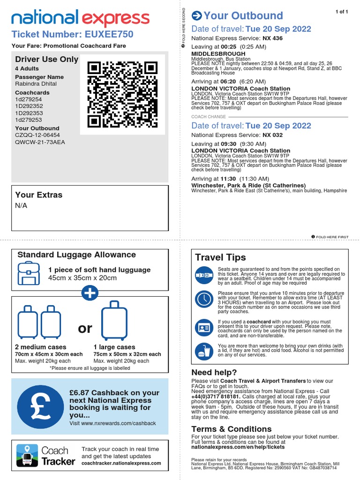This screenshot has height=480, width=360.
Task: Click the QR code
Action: pos(122,95)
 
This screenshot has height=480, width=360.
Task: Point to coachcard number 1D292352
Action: pos(29,106)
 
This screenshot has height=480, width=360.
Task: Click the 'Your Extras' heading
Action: pos(38,195)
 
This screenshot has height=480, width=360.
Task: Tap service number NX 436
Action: pos(272,38)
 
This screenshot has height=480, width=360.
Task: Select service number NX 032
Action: pos(272,135)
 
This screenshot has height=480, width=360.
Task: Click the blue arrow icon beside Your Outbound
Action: pos(197,15)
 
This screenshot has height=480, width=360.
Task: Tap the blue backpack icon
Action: pos(29,273)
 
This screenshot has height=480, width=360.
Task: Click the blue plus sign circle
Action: pos(90,294)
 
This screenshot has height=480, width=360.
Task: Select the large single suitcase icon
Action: pos(114,322)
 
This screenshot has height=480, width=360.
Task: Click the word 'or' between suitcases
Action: pos(85,328)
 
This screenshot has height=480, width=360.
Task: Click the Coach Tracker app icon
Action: pos(27,455)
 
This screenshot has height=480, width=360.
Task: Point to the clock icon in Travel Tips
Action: pos(204,299)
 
